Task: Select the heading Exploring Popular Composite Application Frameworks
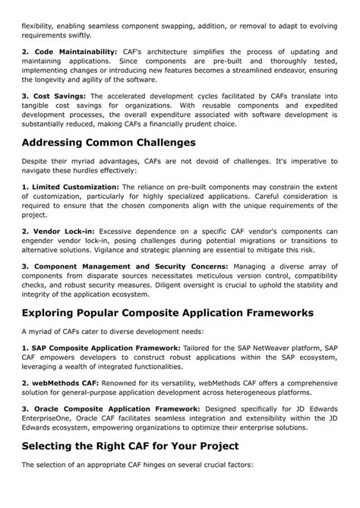pyautogui.click(x=167, y=313)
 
